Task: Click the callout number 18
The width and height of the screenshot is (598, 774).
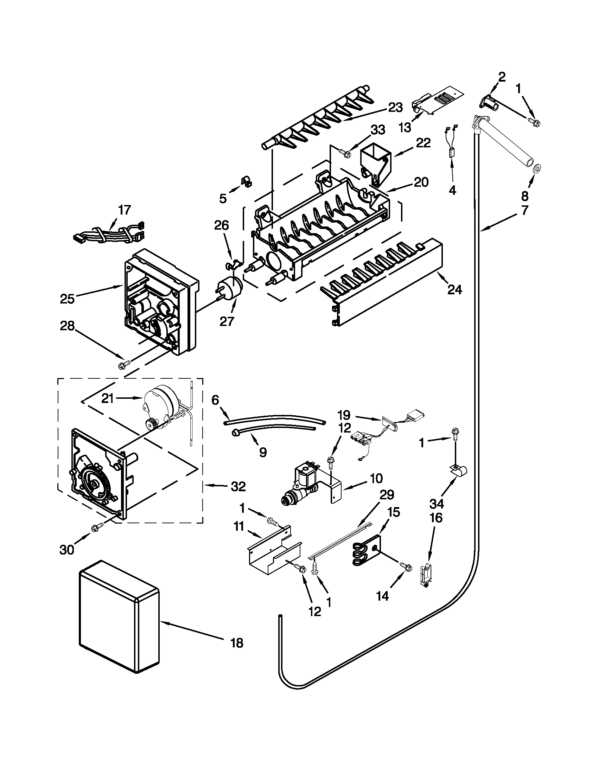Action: pyautogui.click(x=237, y=642)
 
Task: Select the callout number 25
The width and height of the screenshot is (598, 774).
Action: pyautogui.click(x=67, y=299)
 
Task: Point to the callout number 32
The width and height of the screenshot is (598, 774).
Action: pyautogui.click(x=238, y=487)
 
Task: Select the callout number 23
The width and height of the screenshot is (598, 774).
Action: pyautogui.click(x=395, y=107)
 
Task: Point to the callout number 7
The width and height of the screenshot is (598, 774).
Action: pyautogui.click(x=524, y=210)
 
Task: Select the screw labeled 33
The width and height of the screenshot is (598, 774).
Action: pyautogui.click(x=345, y=152)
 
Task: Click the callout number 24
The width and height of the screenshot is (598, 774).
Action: pyautogui.click(x=454, y=289)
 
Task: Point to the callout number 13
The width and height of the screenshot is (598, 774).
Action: pyautogui.click(x=404, y=127)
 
